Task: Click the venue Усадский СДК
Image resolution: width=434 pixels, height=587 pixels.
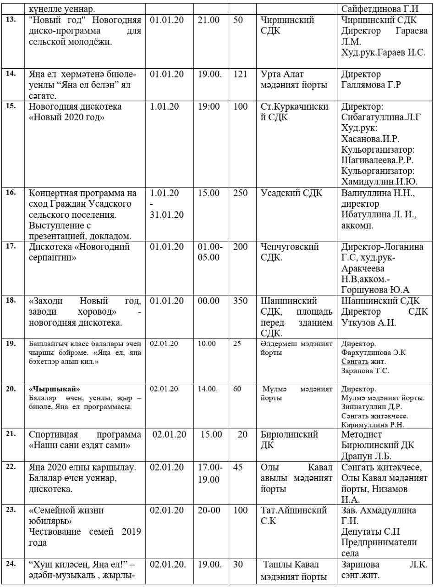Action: coord(291,194)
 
